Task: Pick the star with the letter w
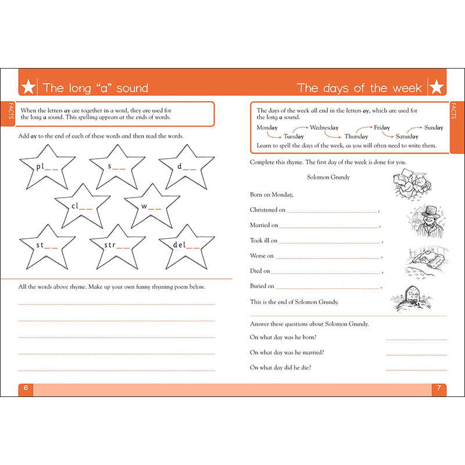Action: [x=152, y=206]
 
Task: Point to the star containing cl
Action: [x=82, y=206]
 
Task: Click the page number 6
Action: [x=26, y=388]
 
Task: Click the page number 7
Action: [x=439, y=388]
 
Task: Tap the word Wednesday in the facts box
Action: [x=324, y=127]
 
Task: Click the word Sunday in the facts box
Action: [x=433, y=127]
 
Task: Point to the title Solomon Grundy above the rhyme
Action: [x=328, y=177]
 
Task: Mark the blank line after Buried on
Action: [x=328, y=287]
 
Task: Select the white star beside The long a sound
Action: [x=28, y=88]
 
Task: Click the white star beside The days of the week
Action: [x=437, y=88]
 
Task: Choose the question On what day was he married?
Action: [x=287, y=352]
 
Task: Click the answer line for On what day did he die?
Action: [x=416, y=370]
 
